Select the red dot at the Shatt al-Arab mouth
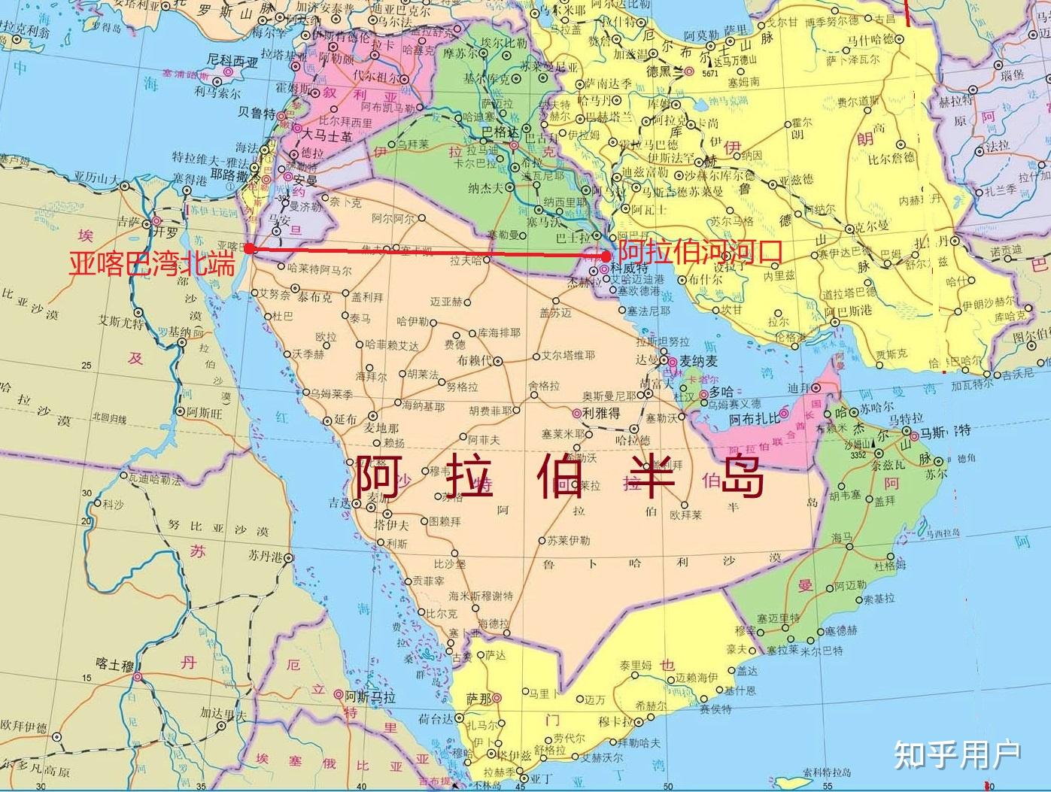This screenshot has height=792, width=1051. coord(606,256)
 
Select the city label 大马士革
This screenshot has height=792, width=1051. coord(327,136)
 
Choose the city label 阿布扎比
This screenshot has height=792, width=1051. coord(756,420)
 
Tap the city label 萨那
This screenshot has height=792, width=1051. coord(479,698)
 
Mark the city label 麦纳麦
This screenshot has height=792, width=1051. coord(699,362)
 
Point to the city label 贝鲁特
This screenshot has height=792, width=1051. coord(256,112)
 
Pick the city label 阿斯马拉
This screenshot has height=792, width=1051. coord(369,697)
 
